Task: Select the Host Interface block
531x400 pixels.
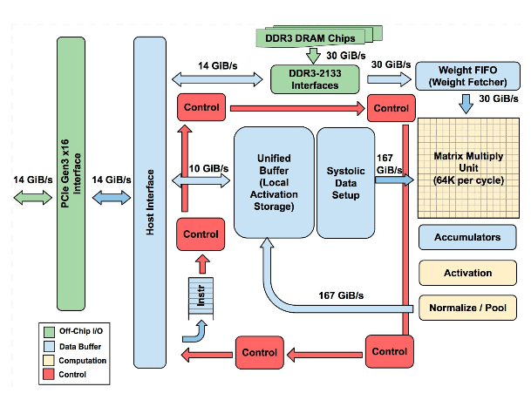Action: click(149, 201)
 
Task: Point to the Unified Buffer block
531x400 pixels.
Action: click(274, 181)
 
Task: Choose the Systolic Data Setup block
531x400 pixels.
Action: click(344, 181)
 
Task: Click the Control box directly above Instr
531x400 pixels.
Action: click(201, 234)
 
